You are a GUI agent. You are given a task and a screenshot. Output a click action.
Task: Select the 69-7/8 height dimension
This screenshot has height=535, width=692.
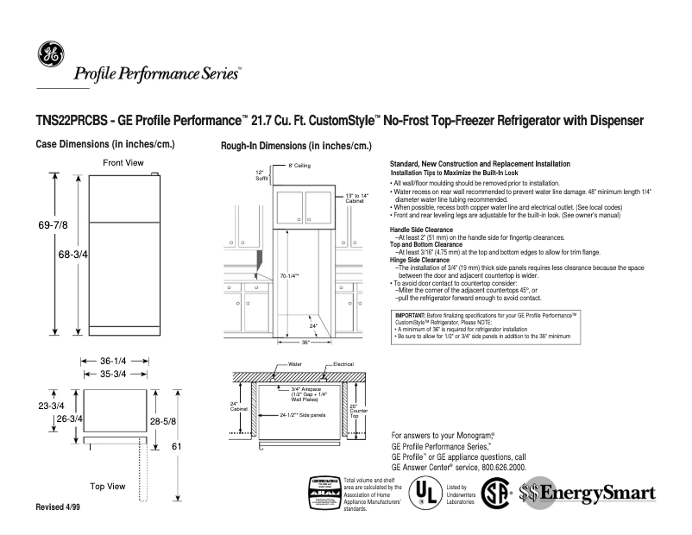pos(52,225)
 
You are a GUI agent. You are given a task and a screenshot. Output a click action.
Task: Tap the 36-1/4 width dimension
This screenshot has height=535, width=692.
pos(115,361)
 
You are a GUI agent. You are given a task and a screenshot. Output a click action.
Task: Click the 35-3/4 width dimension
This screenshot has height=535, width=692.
pos(115,374)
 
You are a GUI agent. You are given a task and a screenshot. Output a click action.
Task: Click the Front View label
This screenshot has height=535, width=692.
pos(123,162)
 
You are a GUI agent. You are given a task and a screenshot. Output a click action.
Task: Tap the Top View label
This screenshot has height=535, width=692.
pos(109,487)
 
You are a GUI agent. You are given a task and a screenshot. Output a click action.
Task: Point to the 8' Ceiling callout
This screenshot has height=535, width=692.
pos(299,165)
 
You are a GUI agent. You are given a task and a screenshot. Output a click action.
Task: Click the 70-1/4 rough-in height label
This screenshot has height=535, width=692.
pos(289,276)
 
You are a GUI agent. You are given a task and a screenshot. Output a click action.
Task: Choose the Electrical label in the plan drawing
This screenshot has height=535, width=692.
pos(343,365)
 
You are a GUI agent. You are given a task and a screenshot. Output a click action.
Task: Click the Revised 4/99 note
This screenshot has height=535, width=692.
pos(57,507)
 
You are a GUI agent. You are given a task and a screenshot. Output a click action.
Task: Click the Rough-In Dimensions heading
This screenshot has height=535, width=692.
pos(296,147)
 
